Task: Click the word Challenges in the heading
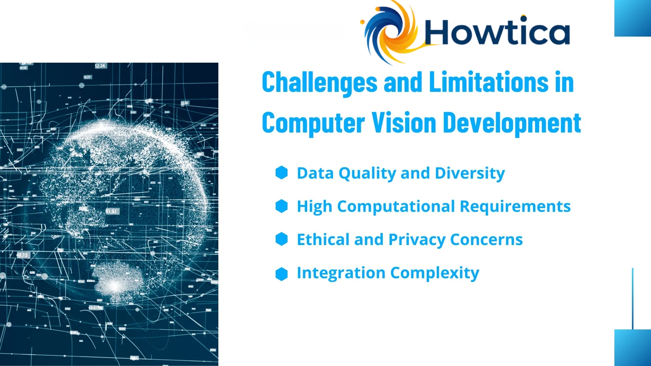click(x=319, y=83)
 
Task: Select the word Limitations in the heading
click(x=488, y=82)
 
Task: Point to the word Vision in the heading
click(x=404, y=123)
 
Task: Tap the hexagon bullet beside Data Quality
click(x=281, y=172)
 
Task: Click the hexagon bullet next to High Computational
click(x=281, y=206)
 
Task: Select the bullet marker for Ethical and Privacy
click(x=281, y=239)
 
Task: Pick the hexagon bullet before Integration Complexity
click(x=281, y=274)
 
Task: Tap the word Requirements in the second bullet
click(x=515, y=206)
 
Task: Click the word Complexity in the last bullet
click(x=435, y=273)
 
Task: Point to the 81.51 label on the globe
click(x=111, y=211)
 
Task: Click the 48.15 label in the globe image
click(x=22, y=255)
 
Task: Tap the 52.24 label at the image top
click(x=100, y=66)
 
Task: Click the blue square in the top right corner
click(x=632, y=18)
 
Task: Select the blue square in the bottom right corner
click(x=632, y=347)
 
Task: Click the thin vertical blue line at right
click(x=632, y=298)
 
